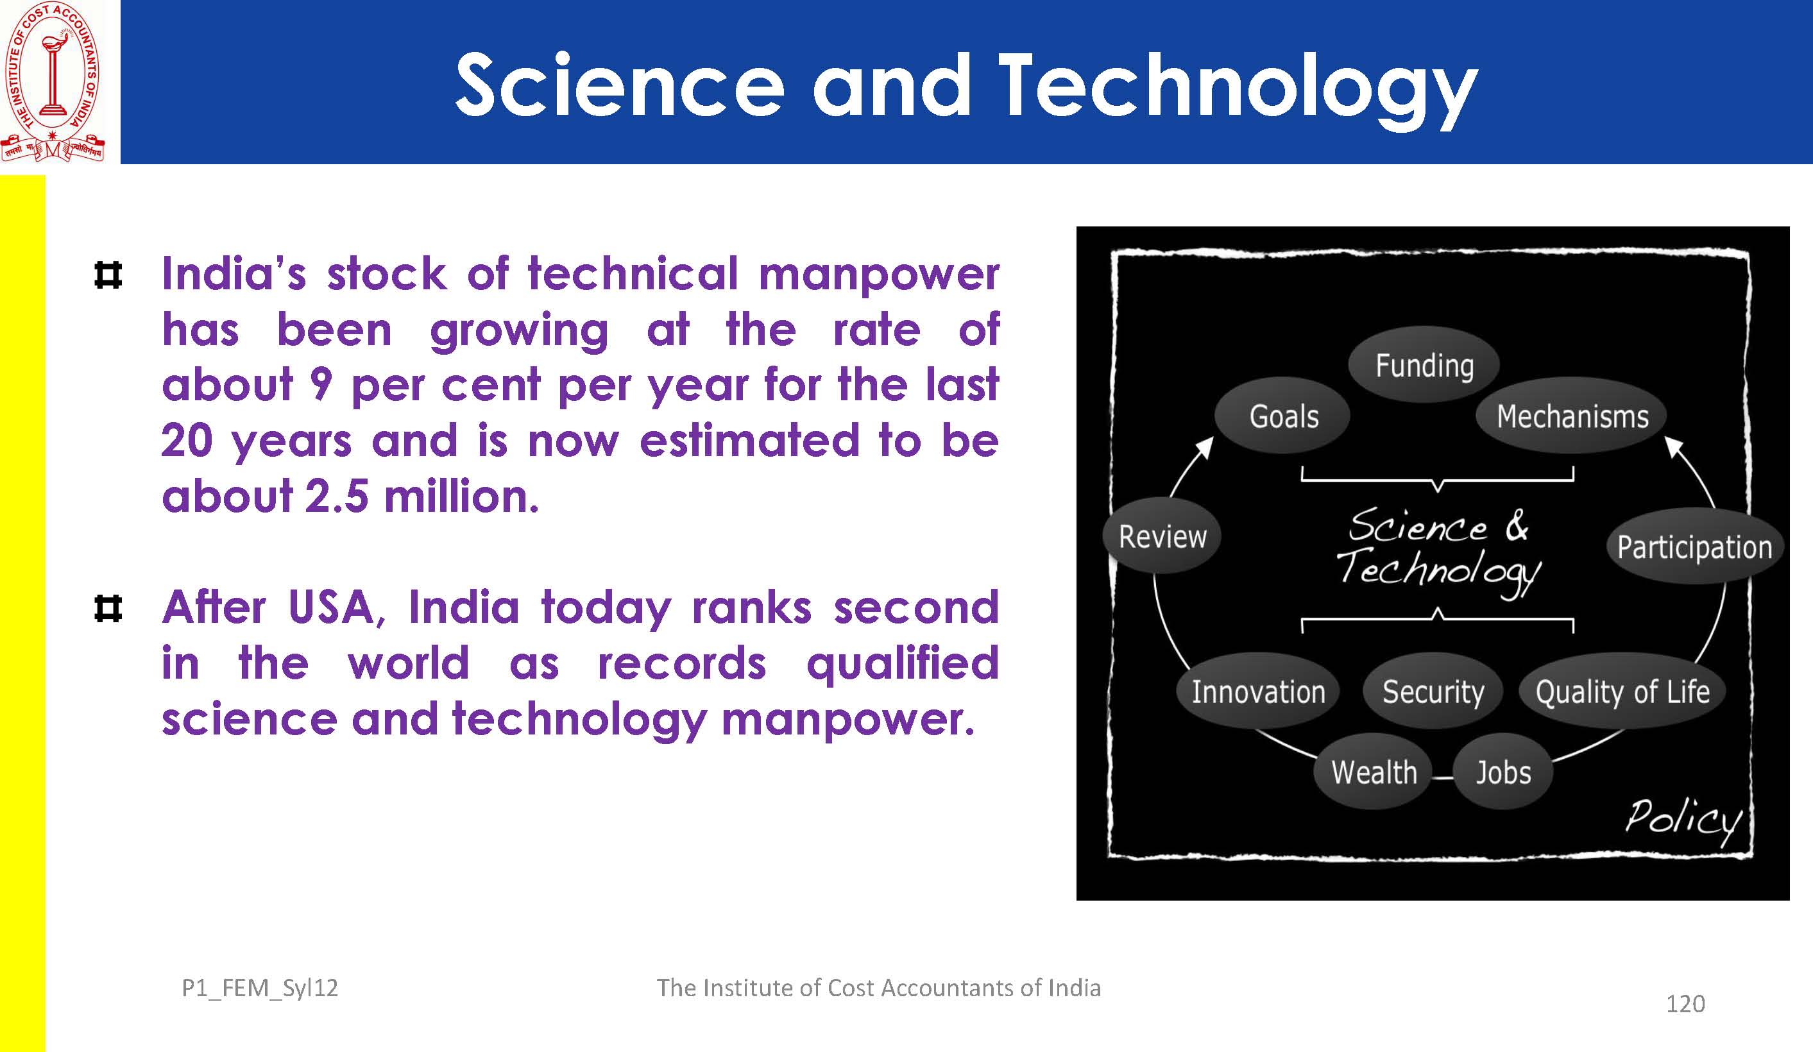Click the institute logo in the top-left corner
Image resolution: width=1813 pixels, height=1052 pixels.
(53, 81)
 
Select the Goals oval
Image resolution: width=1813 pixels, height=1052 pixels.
(1283, 416)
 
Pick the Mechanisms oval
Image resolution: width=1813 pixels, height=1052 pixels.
(1572, 416)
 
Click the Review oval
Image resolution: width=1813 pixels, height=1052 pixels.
(1161, 536)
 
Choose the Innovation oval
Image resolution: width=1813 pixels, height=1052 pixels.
(1257, 691)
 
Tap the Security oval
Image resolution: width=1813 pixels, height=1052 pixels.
(1433, 691)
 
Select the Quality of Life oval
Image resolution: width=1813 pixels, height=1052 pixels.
(1622, 691)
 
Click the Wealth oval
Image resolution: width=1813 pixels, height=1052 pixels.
(1374, 772)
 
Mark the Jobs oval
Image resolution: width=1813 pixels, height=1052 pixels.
(1503, 772)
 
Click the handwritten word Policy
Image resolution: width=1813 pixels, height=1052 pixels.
(1683, 820)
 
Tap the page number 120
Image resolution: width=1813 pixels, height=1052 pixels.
(1685, 1004)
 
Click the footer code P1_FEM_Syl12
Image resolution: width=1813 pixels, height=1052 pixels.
(260, 988)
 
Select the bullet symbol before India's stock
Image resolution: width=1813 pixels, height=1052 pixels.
(108, 275)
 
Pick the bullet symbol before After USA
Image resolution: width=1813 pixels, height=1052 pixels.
(108, 609)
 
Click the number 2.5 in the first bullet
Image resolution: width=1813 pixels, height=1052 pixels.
(337, 496)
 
